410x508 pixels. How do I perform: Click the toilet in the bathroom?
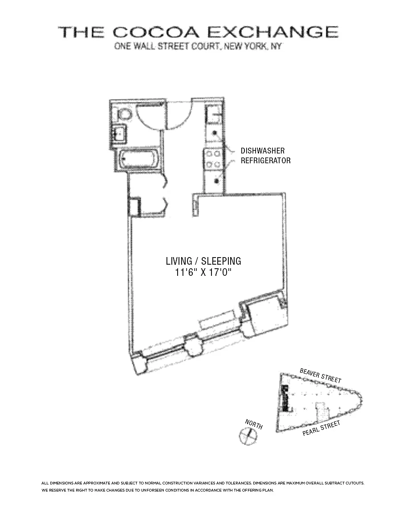pyautogui.click(x=124, y=114)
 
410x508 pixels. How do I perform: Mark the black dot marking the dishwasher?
pyautogui.click(x=215, y=133)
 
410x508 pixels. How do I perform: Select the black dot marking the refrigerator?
pyautogui.click(x=216, y=180)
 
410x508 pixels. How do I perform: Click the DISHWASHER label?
pyautogui.click(x=263, y=151)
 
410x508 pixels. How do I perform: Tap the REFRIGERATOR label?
pyautogui.click(x=265, y=161)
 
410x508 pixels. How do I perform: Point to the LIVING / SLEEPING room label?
pyautogui.click(x=203, y=261)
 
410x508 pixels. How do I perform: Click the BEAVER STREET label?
pyautogui.click(x=321, y=375)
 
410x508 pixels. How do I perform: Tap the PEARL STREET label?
pyautogui.click(x=321, y=428)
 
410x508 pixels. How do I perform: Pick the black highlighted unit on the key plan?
pyautogui.click(x=285, y=398)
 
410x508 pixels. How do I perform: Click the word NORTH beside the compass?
pyautogui.click(x=254, y=424)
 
